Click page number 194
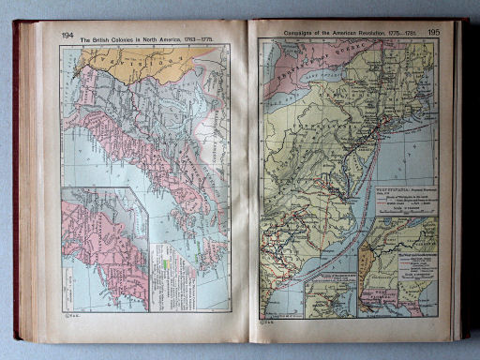[67, 36]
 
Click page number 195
[432, 33]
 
